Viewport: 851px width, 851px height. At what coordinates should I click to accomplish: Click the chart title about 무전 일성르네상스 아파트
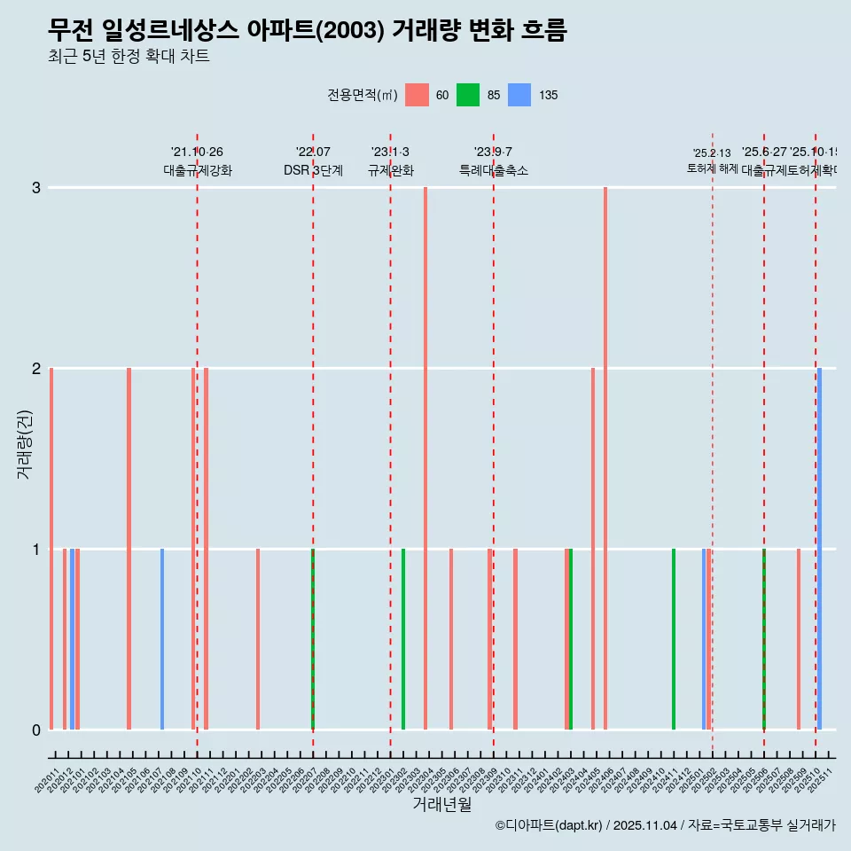(x=307, y=31)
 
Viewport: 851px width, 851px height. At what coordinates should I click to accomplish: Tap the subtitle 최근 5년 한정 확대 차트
(x=129, y=58)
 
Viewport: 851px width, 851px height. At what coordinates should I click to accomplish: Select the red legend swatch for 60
(x=417, y=95)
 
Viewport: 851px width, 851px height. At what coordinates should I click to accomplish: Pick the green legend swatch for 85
(x=468, y=95)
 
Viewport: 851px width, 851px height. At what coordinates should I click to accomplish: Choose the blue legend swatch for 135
(x=519, y=95)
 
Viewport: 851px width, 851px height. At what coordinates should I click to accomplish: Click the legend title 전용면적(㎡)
(x=362, y=95)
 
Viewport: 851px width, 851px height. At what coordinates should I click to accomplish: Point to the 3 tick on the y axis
(x=35, y=188)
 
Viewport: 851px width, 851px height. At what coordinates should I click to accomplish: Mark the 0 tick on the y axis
(x=35, y=730)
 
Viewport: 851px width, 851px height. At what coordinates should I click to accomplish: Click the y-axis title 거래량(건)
(x=24, y=444)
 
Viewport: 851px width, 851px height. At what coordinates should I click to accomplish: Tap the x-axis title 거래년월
(x=441, y=804)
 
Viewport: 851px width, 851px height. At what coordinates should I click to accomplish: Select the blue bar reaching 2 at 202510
(x=820, y=550)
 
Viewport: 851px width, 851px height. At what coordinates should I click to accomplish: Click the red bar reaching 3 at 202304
(x=425, y=461)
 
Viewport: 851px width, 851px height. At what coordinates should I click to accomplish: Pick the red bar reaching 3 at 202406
(x=605, y=461)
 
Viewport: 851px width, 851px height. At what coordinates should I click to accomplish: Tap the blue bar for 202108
(x=162, y=639)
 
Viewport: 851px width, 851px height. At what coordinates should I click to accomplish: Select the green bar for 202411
(x=674, y=639)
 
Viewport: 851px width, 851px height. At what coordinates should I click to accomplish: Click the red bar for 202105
(x=129, y=550)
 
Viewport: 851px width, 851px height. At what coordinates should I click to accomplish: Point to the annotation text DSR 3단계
(x=313, y=170)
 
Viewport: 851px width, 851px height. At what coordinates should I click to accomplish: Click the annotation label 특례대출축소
(x=493, y=170)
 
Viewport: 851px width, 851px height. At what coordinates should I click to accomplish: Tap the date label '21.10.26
(x=197, y=152)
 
